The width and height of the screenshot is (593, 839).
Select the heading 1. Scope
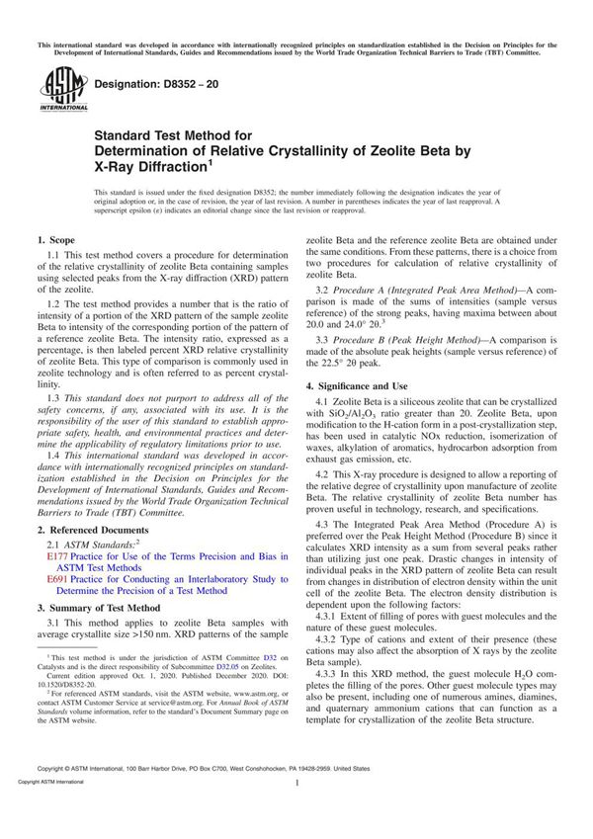point(58,240)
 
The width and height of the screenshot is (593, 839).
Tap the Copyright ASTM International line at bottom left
point(41,808)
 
